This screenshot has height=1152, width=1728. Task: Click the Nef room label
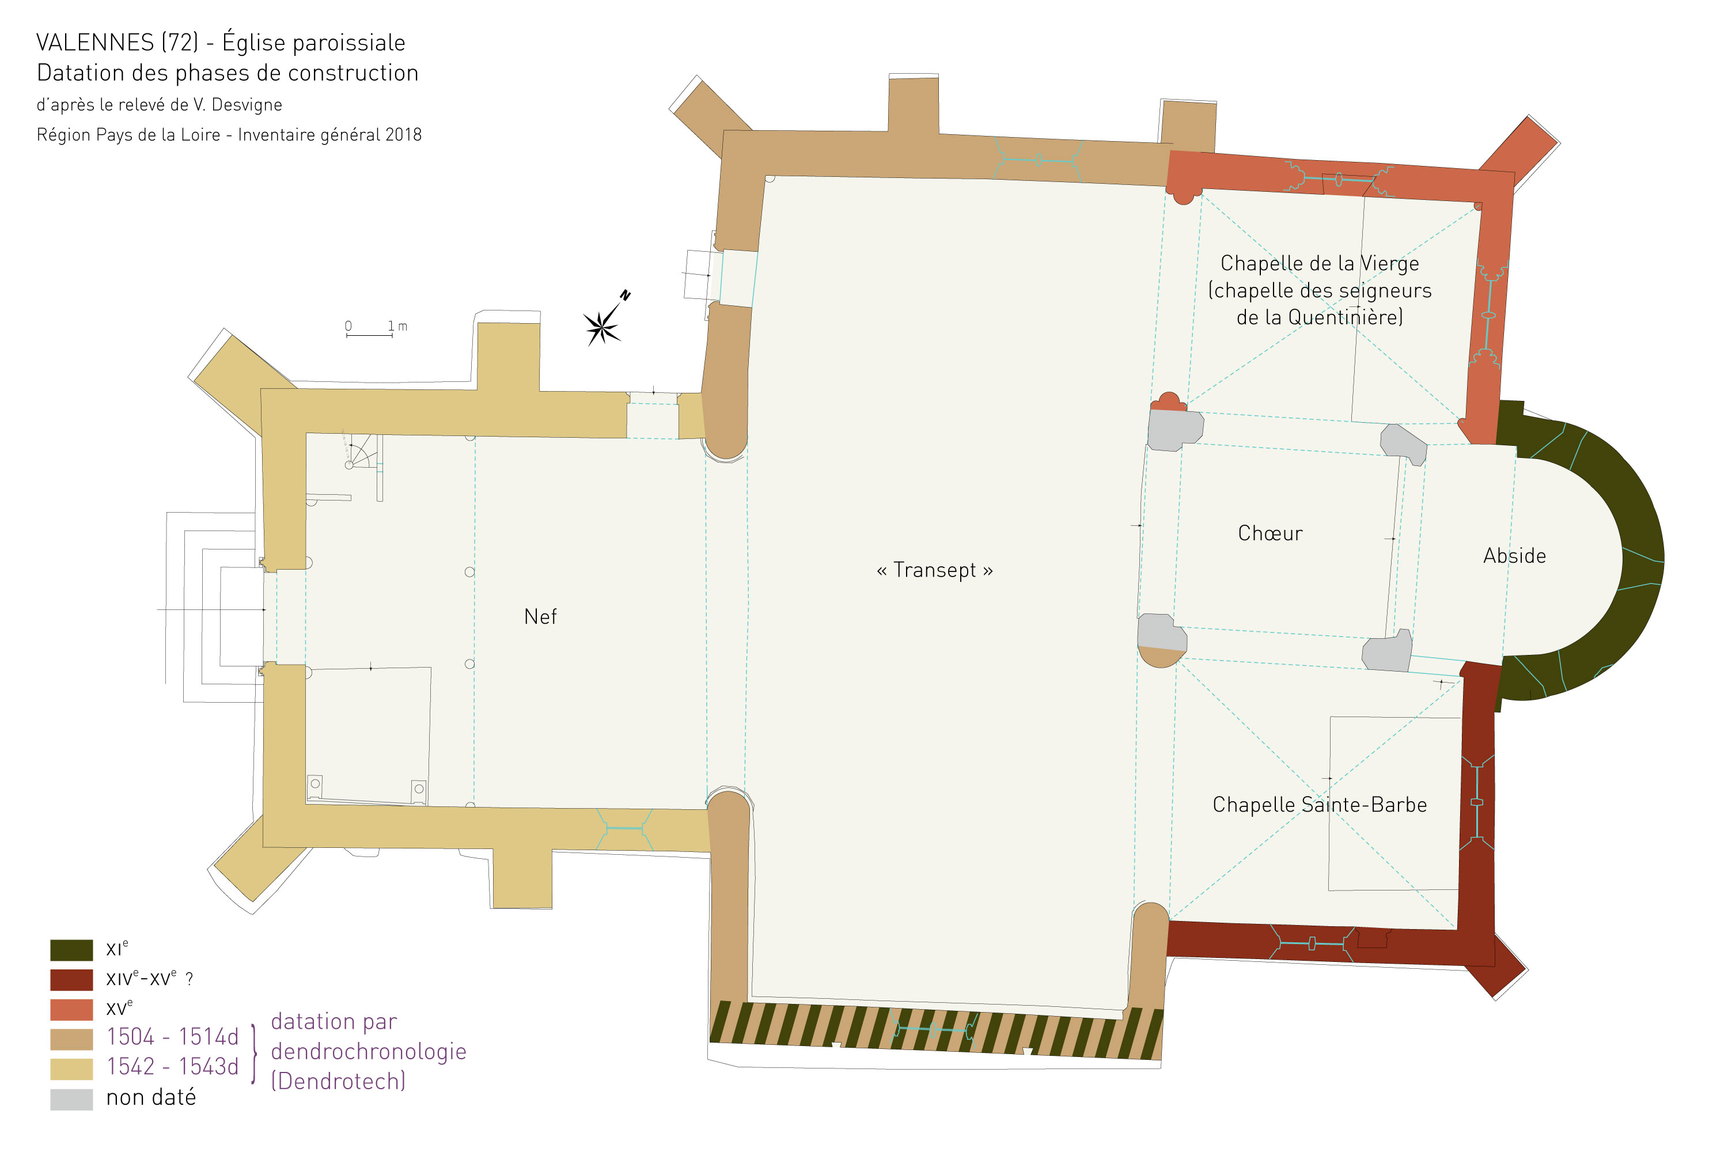coord(540,616)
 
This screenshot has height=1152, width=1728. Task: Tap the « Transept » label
coord(934,571)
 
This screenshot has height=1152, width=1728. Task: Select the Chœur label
coord(1270,533)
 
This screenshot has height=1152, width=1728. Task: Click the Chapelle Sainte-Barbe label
coord(1320,805)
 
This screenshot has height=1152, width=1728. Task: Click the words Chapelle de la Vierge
coord(1320,263)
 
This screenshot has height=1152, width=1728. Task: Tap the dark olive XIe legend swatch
coord(71,950)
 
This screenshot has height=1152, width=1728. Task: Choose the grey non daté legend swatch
coord(71,1099)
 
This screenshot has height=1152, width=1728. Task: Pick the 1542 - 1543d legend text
coord(173,1067)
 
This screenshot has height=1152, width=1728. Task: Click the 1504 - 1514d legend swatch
coord(71,1040)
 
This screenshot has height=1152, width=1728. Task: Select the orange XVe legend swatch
coord(71,1010)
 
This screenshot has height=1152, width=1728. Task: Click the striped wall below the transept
coord(936,1032)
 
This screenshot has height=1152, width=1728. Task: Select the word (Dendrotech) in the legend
coord(338,1082)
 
